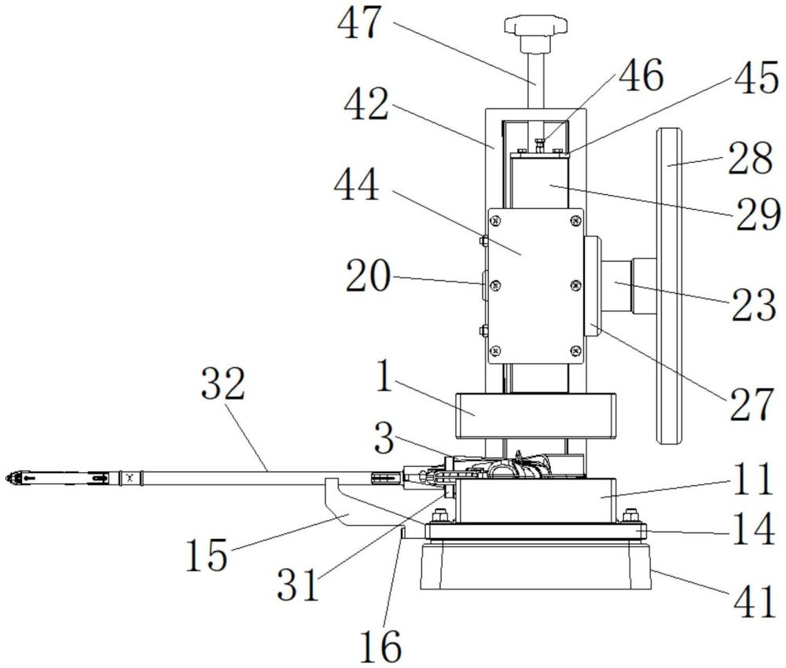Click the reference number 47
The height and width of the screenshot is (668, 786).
(x=359, y=23)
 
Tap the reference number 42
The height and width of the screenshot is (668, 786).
(x=366, y=105)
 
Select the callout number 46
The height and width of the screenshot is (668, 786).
(x=641, y=75)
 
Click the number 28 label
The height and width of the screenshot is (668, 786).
(x=751, y=159)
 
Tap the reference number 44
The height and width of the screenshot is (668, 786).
(x=356, y=185)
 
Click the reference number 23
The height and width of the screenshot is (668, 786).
(x=755, y=305)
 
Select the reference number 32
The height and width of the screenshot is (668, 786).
(x=223, y=384)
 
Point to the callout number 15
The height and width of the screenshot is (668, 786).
(x=207, y=556)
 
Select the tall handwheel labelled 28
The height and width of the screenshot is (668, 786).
(x=670, y=285)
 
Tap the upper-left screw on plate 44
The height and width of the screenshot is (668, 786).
(x=496, y=219)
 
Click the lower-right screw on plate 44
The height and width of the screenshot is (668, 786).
(x=576, y=351)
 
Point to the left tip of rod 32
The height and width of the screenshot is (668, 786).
(x=5, y=479)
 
